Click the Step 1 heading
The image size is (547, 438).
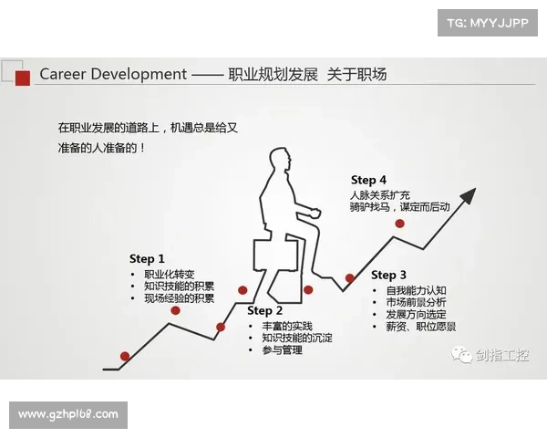(x=148, y=259)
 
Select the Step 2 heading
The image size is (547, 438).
(x=265, y=311)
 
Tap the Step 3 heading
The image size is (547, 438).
(x=389, y=275)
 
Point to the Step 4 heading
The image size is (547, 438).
(x=369, y=180)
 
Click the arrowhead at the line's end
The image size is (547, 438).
(x=469, y=193)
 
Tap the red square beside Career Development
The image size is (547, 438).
(x=23, y=76)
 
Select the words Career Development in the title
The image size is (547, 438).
(x=113, y=75)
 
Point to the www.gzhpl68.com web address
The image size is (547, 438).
(x=68, y=414)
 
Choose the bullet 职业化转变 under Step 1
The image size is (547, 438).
(x=170, y=275)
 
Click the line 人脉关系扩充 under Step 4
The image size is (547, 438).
(x=380, y=194)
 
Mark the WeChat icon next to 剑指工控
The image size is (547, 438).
(x=464, y=355)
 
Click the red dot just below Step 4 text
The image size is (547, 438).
(x=399, y=223)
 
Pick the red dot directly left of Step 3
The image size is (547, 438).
(x=350, y=278)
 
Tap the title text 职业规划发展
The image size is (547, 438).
(x=273, y=75)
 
